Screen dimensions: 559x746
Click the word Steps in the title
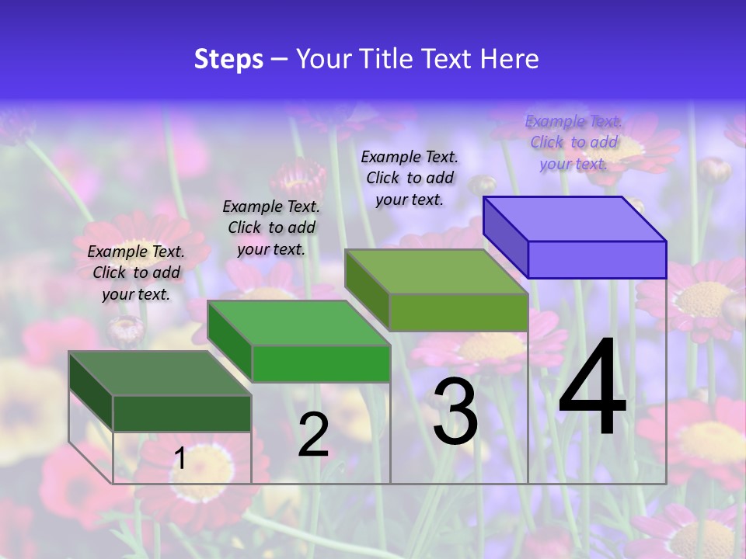point(228,59)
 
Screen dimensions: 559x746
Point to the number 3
point(455,411)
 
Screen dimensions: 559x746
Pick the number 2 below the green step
point(313,435)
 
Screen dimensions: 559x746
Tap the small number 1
point(180,458)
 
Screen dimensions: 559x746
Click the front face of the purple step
point(597,259)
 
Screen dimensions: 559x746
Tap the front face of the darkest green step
point(182,413)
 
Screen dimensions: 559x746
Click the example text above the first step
point(136,273)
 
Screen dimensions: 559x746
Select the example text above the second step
point(271,227)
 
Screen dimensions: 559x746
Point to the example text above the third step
point(410,178)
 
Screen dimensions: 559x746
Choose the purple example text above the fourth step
point(573,142)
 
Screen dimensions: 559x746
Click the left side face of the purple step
point(505,236)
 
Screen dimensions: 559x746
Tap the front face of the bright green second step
point(320,363)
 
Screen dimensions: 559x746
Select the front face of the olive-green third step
point(458,312)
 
